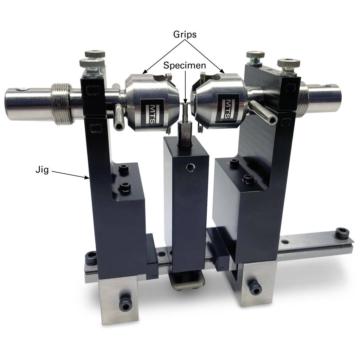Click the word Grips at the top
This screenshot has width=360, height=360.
(185, 34)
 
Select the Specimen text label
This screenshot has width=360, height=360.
(185, 65)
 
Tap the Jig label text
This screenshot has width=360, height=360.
(42, 170)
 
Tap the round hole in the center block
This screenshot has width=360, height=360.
(190, 167)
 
